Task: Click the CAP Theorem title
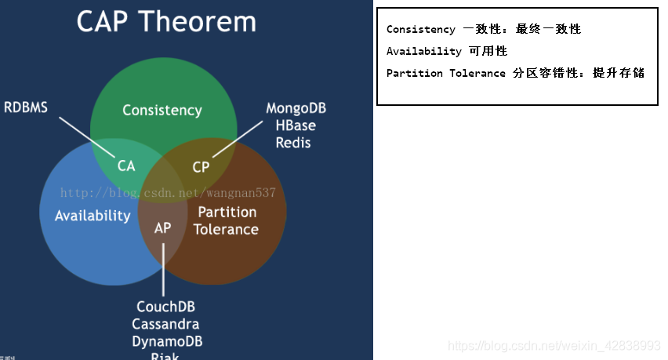pos(166,21)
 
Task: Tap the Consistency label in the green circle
pos(162,111)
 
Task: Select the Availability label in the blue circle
pos(93,216)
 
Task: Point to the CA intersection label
pos(126,165)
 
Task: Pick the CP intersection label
pos(201,167)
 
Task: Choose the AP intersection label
pos(163,228)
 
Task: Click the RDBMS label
pos(26,107)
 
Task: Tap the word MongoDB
pos(296,108)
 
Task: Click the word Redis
pos(293,143)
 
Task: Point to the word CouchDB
pos(165,307)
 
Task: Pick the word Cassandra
pos(165,324)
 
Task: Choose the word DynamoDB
pos(165,341)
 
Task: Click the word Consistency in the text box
pos(420,30)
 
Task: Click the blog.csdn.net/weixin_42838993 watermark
pos(554,346)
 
